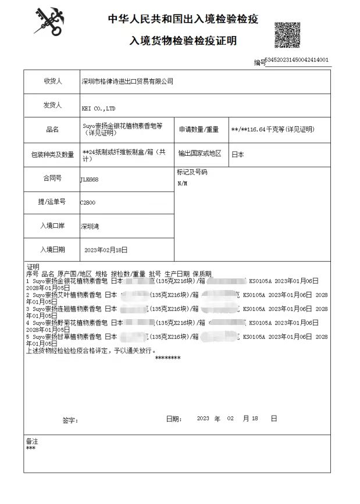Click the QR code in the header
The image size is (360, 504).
[287, 35]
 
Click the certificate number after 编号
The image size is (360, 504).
[297, 60]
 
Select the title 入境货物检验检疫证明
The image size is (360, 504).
[183, 41]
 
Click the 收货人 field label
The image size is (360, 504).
[52, 81]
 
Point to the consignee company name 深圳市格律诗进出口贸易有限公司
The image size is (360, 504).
[127, 82]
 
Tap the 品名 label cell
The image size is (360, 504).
[52, 130]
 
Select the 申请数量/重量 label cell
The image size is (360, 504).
[199, 129]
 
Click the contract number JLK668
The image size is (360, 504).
[90, 180]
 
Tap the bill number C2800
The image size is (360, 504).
[88, 203]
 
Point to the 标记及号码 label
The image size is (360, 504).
[191, 173]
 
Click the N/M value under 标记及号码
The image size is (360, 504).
[182, 183]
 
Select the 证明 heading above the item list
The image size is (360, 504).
[33, 266]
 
